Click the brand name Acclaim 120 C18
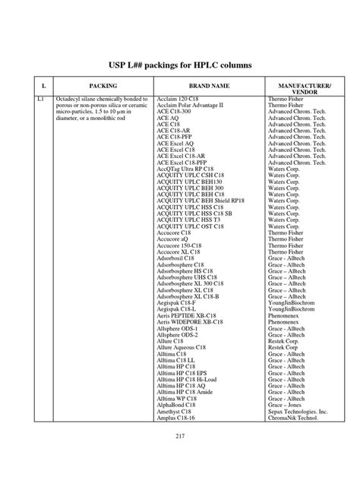click(179, 100)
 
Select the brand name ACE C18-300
click(175, 112)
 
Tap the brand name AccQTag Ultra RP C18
click(187, 168)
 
